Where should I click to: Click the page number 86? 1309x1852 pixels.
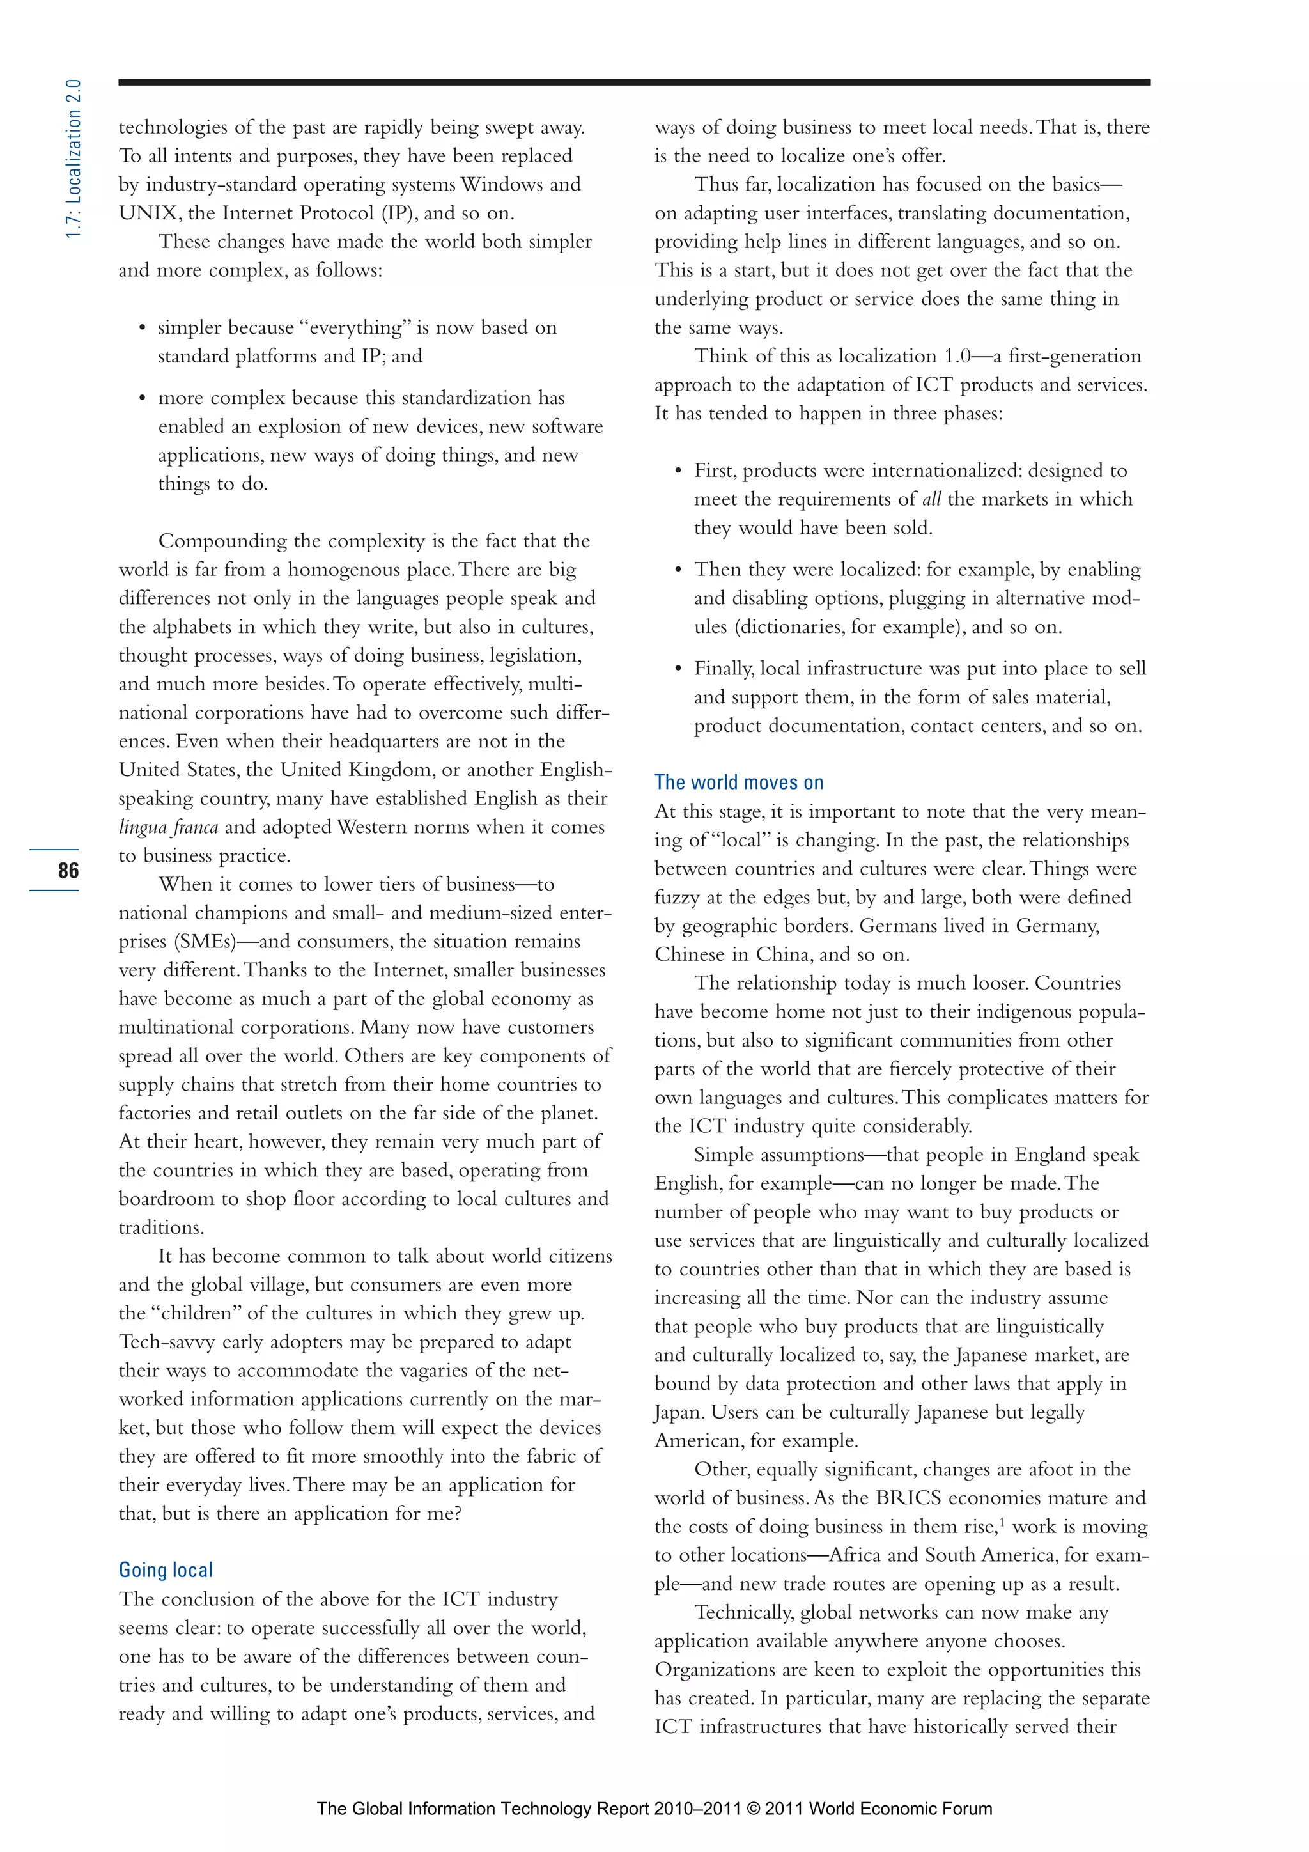tap(68, 870)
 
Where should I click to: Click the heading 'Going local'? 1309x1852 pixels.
tap(166, 1569)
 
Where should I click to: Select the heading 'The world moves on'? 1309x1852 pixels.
tap(739, 782)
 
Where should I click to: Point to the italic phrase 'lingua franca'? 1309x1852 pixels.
tap(167, 827)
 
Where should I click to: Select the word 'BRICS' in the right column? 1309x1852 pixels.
tap(908, 1498)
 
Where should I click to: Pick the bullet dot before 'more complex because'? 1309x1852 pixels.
tap(142, 398)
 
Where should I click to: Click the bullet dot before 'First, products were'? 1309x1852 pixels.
tap(678, 471)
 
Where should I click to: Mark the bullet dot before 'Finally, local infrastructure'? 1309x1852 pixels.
tap(678, 669)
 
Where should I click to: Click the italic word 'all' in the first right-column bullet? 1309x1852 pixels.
tap(931, 499)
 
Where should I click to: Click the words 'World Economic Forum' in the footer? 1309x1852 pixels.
tap(900, 1808)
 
